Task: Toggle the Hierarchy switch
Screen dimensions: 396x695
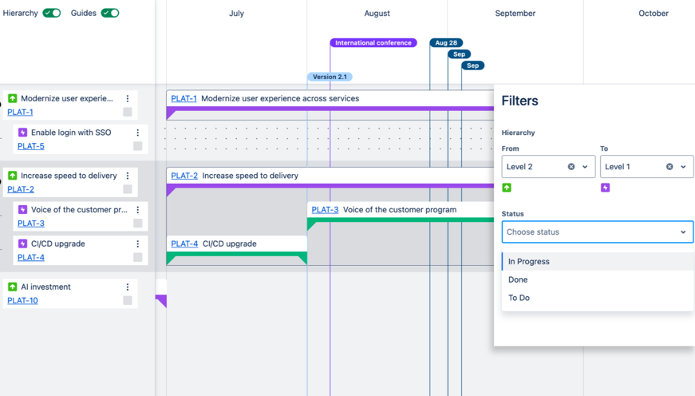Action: pyautogui.click(x=52, y=13)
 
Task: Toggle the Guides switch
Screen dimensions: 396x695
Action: pyautogui.click(x=110, y=13)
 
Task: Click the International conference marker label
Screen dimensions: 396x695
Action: pyautogui.click(x=373, y=43)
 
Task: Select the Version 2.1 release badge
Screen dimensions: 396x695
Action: pyautogui.click(x=330, y=77)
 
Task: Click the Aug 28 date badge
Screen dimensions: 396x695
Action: pyautogui.click(x=446, y=43)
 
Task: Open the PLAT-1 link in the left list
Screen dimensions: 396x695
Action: pyautogui.click(x=20, y=113)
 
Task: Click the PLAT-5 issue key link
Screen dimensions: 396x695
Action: pyautogui.click(x=30, y=146)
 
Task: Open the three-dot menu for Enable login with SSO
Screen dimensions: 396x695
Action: pyautogui.click(x=137, y=133)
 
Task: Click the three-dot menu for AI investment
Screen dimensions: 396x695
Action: pyautogui.click(x=127, y=287)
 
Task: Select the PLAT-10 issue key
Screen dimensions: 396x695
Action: pyautogui.click(x=22, y=301)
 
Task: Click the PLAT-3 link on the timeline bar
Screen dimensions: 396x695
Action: pyautogui.click(x=325, y=210)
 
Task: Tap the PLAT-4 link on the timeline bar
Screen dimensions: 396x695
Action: pyautogui.click(x=184, y=244)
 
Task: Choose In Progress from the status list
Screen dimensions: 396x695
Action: pyautogui.click(x=529, y=262)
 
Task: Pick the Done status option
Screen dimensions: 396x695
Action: pyautogui.click(x=518, y=279)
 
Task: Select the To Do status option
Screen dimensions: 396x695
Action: pyautogui.click(x=519, y=298)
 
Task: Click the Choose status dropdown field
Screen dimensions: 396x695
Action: pyautogui.click(x=597, y=232)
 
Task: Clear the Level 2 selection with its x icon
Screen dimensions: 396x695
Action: pyautogui.click(x=571, y=167)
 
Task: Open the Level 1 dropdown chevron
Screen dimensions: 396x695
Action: pyautogui.click(x=683, y=167)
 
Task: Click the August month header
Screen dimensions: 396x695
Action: pyautogui.click(x=377, y=14)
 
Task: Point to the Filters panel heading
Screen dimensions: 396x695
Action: pyautogui.click(x=519, y=101)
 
